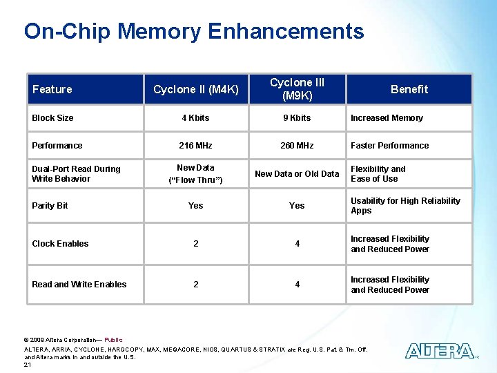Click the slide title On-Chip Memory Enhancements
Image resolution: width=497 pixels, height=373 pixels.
pyautogui.click(x=194, y=31)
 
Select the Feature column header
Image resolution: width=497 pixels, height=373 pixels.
pyautogui.click(x=52, y=89)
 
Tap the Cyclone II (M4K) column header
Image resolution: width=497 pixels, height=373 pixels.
pyautogui.click(x=196, y=89)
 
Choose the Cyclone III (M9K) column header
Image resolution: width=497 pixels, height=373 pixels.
pyautogui.click(x=297, y=89)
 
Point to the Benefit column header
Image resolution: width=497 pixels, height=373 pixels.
pyautogui.click(x=409, y=89)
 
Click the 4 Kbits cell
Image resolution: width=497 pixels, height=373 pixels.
pyautogui.click(x=195, y=118)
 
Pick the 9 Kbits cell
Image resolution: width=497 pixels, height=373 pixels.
pyautogui.click(x=297, y=118)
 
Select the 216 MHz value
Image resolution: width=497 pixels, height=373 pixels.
pyautogui.click(x=195, y=146)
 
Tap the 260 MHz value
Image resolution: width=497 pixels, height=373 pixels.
pyautogui.click(x=297, y=146)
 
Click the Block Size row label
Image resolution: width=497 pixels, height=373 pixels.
pyautogui.click(x=52, y=118)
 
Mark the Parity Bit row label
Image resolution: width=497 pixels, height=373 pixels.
pyautogui.click(x=50, y=206)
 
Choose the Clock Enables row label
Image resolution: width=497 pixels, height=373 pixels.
pyautogui.click(x=60, y=244)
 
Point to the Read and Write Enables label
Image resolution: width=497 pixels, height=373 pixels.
pyautogui.click(x=79, y=285)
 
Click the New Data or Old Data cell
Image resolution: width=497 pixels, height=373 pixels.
pyautogui.click(x=297, y=174)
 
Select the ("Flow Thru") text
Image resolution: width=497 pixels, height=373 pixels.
pyautogui.click(x=195, y=180)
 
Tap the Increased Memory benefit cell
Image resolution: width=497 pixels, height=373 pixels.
pyautogui.click(x=387, y=118)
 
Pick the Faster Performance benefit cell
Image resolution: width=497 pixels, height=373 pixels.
pyautogui.click(x=389, y=146)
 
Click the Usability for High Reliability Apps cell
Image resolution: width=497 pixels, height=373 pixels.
pyautogui.click(x=405, y=206)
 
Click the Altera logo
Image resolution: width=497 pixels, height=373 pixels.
pyautogui.click(x=440, y=351)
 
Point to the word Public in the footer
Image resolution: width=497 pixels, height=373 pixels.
pyautogui.click(x=113, y=340)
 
